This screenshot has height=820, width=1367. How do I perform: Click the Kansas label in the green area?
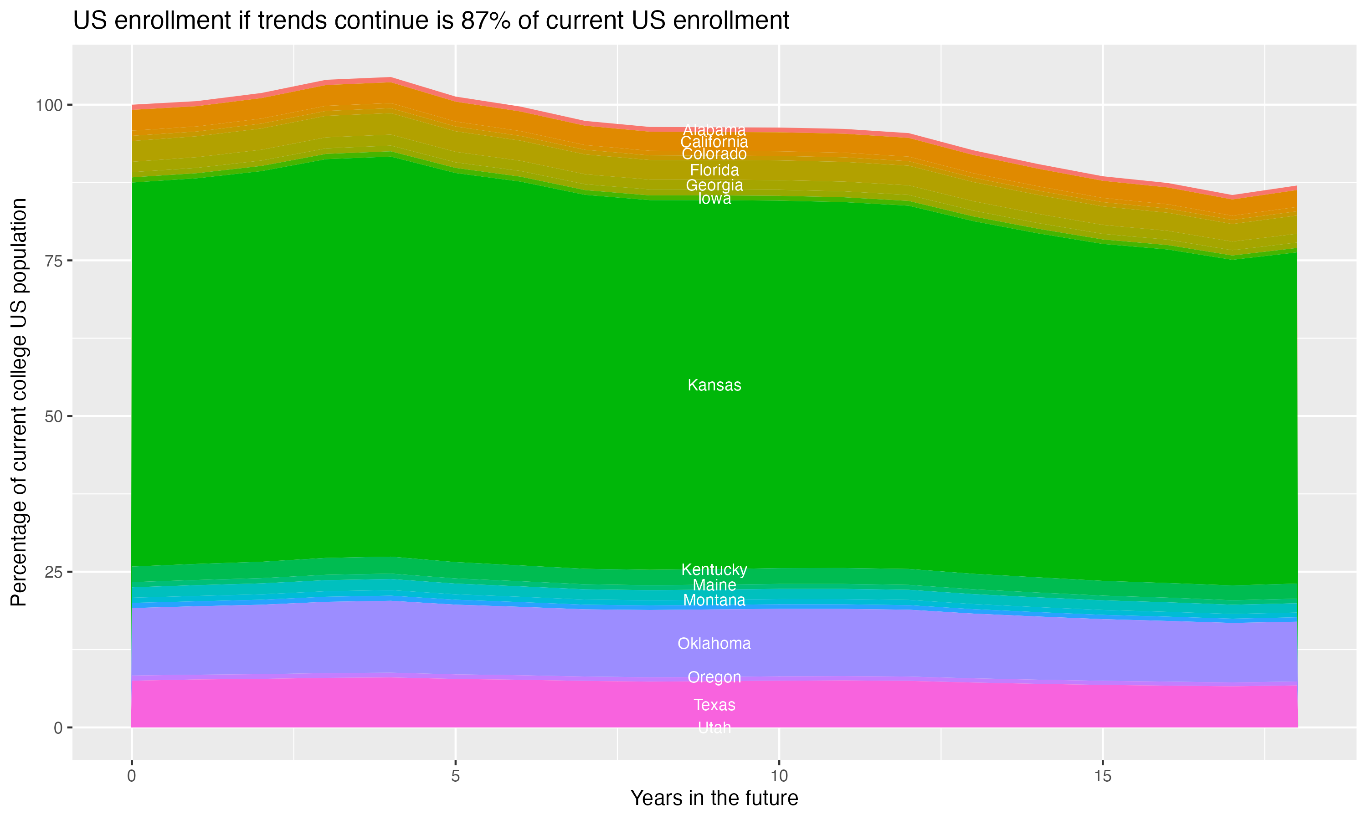[714, 385]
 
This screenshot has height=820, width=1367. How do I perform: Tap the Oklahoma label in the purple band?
[714, 644]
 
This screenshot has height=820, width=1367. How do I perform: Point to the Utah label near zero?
[714, 728]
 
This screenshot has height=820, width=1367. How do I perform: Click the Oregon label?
[714, 677]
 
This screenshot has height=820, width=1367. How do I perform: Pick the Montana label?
[714, 600]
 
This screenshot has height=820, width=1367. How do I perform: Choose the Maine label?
[714, 585]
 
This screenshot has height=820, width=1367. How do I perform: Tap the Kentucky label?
[714, 570]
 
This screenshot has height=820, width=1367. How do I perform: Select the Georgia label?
[714, 185]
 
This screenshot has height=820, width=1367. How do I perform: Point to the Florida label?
[714, 170]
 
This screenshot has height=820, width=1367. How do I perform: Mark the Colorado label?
[714, 154]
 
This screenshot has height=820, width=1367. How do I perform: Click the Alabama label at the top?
[714, 130]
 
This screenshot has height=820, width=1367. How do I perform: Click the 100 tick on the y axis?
[50, 104]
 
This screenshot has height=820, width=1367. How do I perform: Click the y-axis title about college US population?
[19, 402]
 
